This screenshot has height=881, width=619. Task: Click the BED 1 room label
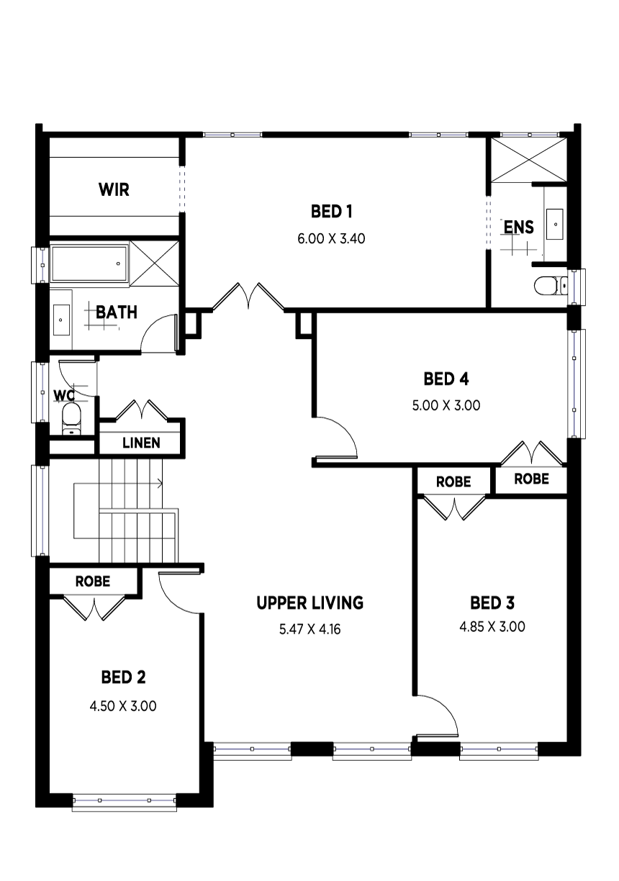pos(331,212)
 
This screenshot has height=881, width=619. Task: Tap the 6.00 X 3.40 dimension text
pos(331,239)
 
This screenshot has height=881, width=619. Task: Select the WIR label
pos(114,189)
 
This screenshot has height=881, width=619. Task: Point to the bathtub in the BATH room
pos(89,263)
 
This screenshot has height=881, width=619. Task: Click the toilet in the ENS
pos(551,286)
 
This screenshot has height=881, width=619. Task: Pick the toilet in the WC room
pos(71,420)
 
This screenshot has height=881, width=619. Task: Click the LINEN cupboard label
pos(141,443)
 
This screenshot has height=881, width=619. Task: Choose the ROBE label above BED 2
pos(93,582)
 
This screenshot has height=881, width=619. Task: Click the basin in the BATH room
pos(61,320)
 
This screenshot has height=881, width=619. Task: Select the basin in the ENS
pos(555,224)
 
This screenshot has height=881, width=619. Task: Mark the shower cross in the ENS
pos(529,160)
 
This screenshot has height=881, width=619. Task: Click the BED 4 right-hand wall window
pos(576,384)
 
